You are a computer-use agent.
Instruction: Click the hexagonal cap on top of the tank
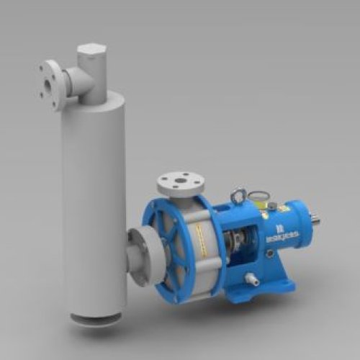91,52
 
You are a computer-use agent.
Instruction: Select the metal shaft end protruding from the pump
315,216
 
